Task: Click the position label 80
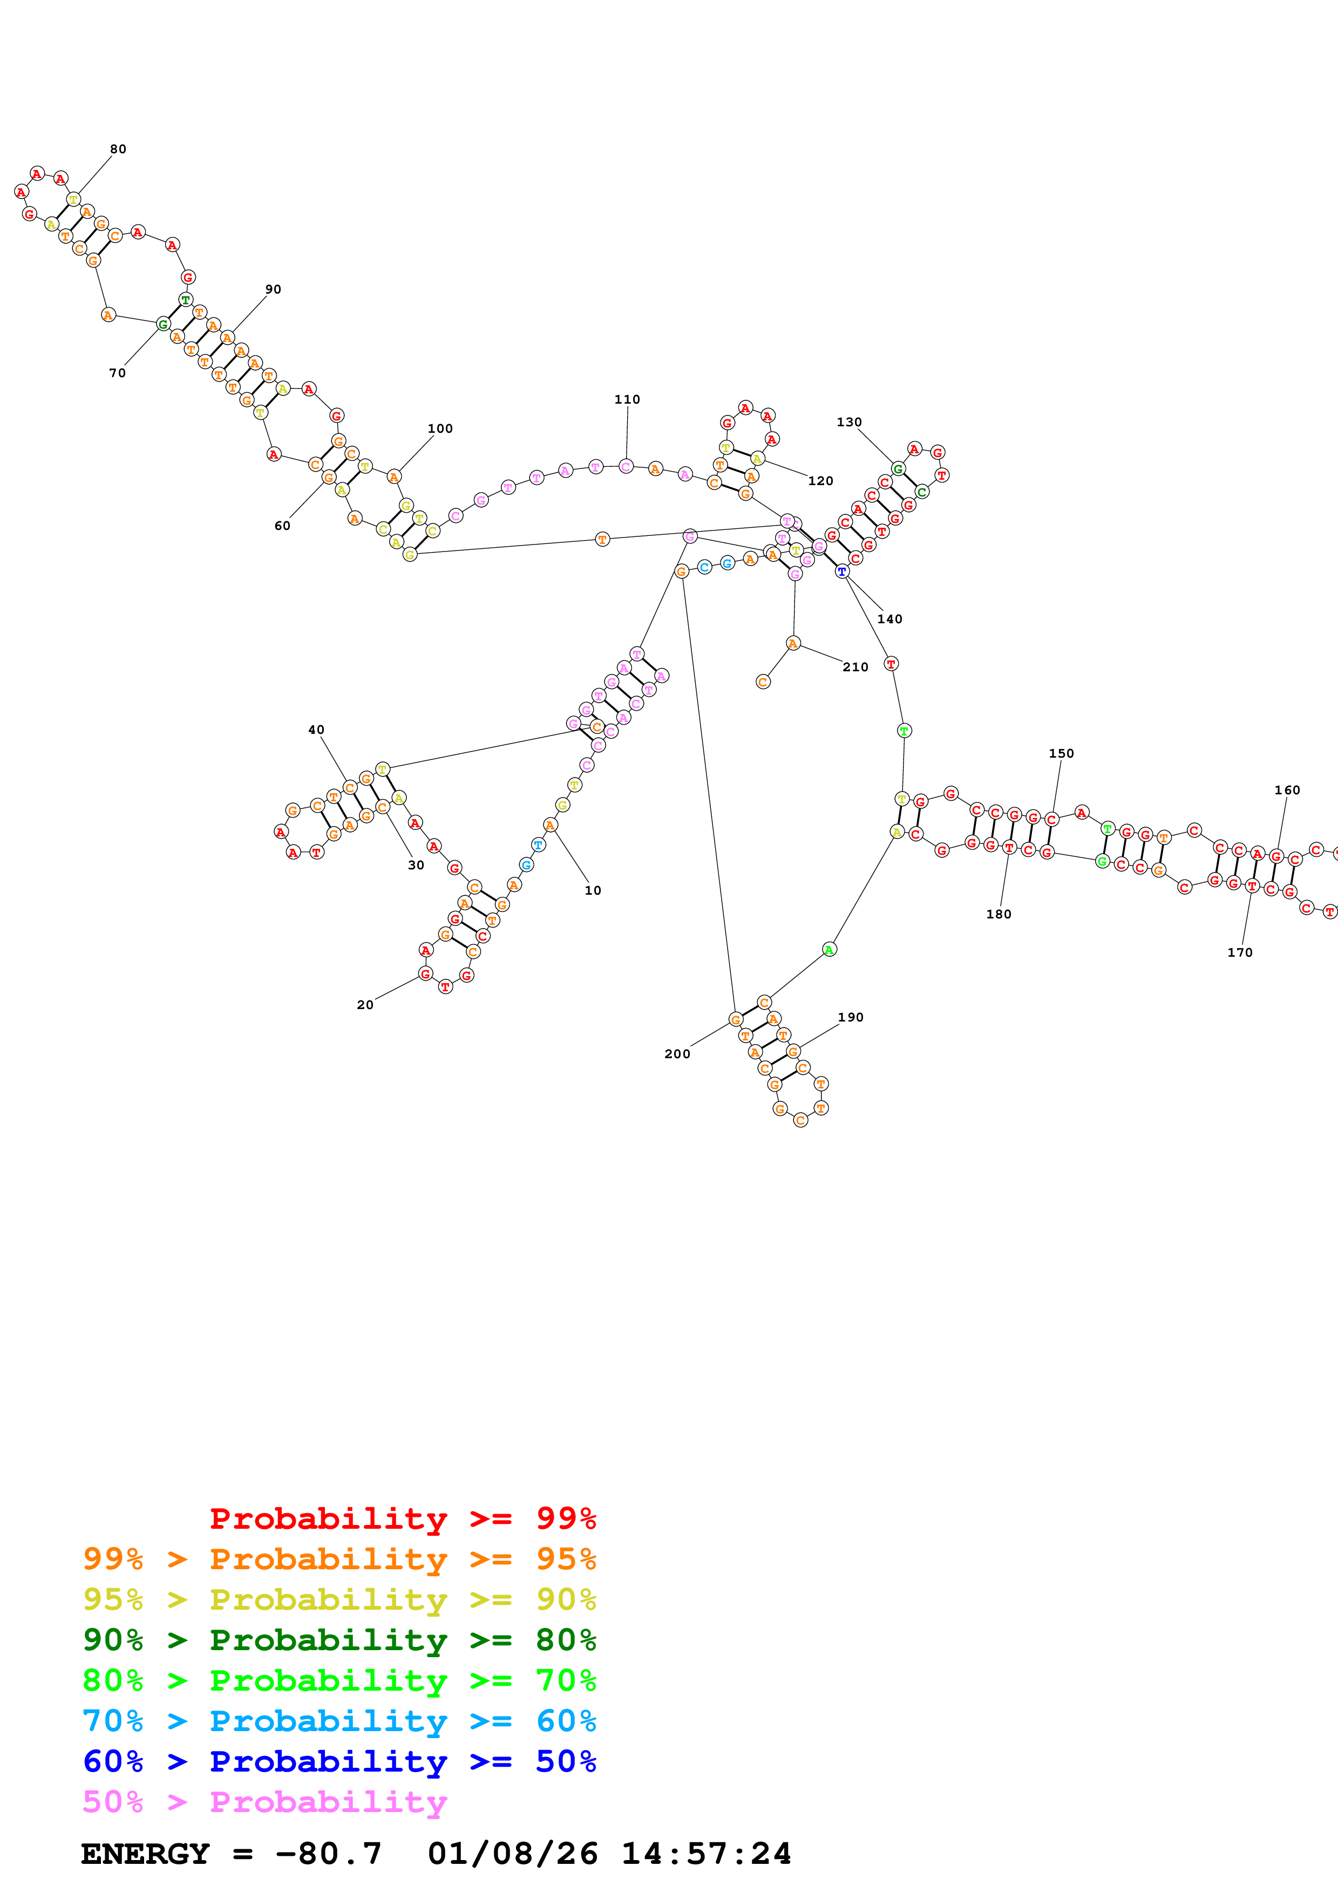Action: pos(118,149)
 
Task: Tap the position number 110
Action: pos(627,399)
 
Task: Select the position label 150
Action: pos(1061,753)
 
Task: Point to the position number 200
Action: pos(677,1054)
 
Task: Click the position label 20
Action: pos(364,1004)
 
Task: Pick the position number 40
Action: pos(316,730)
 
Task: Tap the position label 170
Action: pos(1239,952)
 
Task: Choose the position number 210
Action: pos(855,667)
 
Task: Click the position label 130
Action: pos(848,422)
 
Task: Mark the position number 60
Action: pos(282,526)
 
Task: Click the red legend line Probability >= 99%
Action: pos(402,1518)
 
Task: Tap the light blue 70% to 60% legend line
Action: pos(339,1721)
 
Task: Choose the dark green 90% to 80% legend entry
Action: pos(339,1640)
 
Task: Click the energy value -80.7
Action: pos(328,1854)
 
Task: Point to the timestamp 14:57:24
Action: pos(705,1854)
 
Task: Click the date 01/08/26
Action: pos(512,1854)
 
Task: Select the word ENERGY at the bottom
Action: pos(145,1854)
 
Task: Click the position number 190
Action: pos(850,1017)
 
